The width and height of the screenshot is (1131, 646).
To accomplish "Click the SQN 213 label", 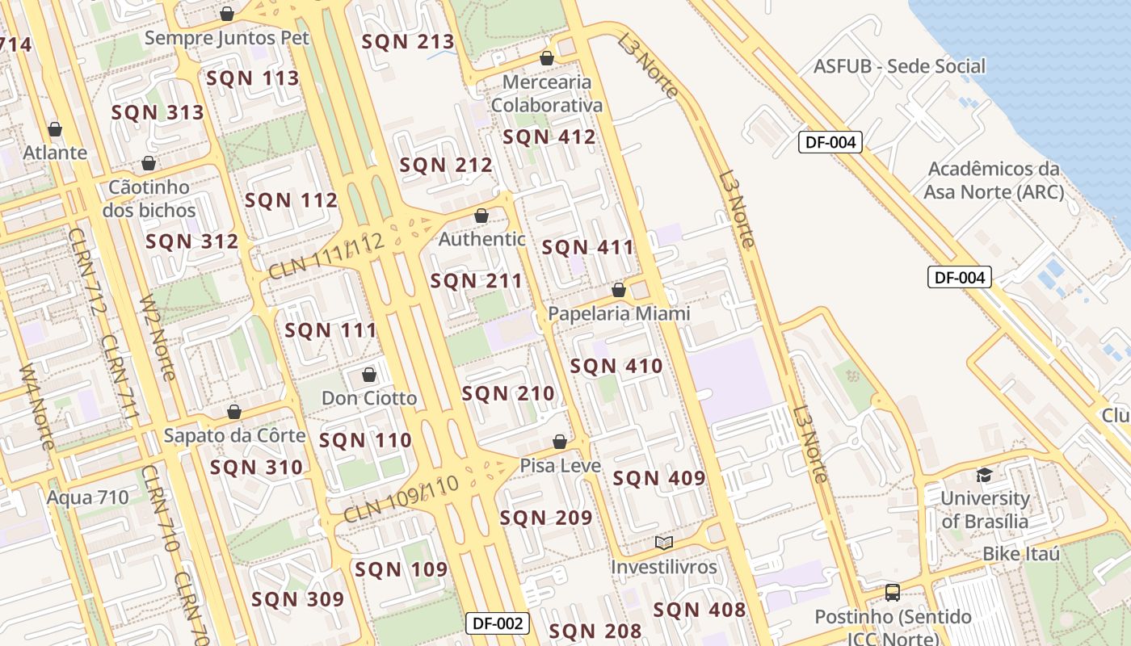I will pos(408,42).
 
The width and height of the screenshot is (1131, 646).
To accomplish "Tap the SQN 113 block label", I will pos(253,78).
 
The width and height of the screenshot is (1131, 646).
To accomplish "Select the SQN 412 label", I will pos(549,137).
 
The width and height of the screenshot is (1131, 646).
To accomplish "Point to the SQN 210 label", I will pos(508,394).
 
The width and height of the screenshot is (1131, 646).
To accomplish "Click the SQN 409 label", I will pos(659,479).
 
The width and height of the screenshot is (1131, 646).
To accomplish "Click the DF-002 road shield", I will pos(498,623).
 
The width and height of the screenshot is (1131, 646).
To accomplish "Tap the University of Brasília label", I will pos(985,510).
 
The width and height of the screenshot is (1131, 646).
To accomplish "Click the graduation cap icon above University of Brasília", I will pos(984,475).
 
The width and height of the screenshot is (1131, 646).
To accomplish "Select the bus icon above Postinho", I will pos(893,593).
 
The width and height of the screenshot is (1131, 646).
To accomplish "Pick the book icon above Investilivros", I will pos(664,543).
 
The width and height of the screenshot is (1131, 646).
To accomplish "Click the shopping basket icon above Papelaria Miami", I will pos(619,290).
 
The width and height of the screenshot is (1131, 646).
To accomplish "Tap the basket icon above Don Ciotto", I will pos(369,375).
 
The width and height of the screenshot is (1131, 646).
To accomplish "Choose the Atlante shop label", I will pos(55,153).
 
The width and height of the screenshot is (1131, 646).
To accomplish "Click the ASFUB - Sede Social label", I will pos(900,66).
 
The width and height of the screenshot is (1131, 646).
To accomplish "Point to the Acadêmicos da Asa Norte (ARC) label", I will pos(994,180).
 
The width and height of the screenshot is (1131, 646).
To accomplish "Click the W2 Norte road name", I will pos(158,338).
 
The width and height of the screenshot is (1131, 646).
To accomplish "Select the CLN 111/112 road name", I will pos(325,258).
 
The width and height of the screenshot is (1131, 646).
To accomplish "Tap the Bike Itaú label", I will pos(1021,554).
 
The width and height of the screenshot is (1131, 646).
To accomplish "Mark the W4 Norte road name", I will pos(37,408).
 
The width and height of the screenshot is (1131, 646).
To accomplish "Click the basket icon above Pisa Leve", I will pos(559,442).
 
